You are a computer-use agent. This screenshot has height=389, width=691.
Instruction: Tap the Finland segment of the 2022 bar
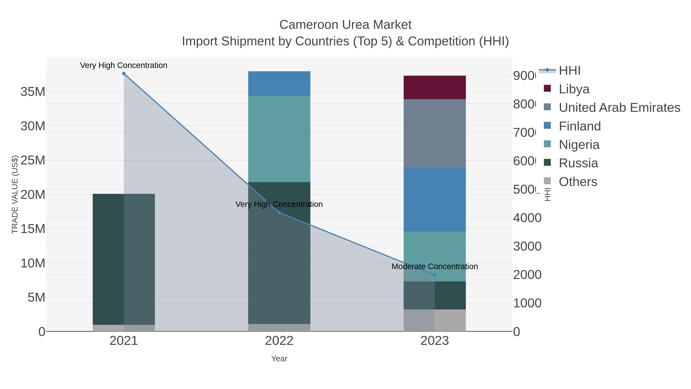coord(279,84)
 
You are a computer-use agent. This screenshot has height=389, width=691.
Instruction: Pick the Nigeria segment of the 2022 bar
coord(279,139)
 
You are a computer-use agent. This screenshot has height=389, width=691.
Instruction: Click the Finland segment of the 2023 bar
coord(435,199)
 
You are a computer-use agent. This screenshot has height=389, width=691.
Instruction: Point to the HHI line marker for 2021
coord(124,74)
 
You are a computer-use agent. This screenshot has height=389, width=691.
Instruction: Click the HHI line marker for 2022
coord(279,213)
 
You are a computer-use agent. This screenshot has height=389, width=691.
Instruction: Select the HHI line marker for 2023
coord(435,275)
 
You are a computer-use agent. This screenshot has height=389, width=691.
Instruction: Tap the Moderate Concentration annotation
coord(435,267)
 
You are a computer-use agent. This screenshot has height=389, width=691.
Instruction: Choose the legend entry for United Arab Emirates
coord(619,107)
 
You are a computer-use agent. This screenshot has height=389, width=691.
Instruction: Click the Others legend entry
coord(578,182)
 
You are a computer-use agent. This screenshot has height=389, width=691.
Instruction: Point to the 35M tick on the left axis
coord(33,92)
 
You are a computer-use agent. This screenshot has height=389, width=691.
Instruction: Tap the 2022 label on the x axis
coord(279,341)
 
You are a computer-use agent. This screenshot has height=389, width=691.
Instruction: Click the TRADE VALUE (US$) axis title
coord(15,194)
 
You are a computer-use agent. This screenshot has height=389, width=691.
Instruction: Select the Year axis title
coord(279,359)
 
